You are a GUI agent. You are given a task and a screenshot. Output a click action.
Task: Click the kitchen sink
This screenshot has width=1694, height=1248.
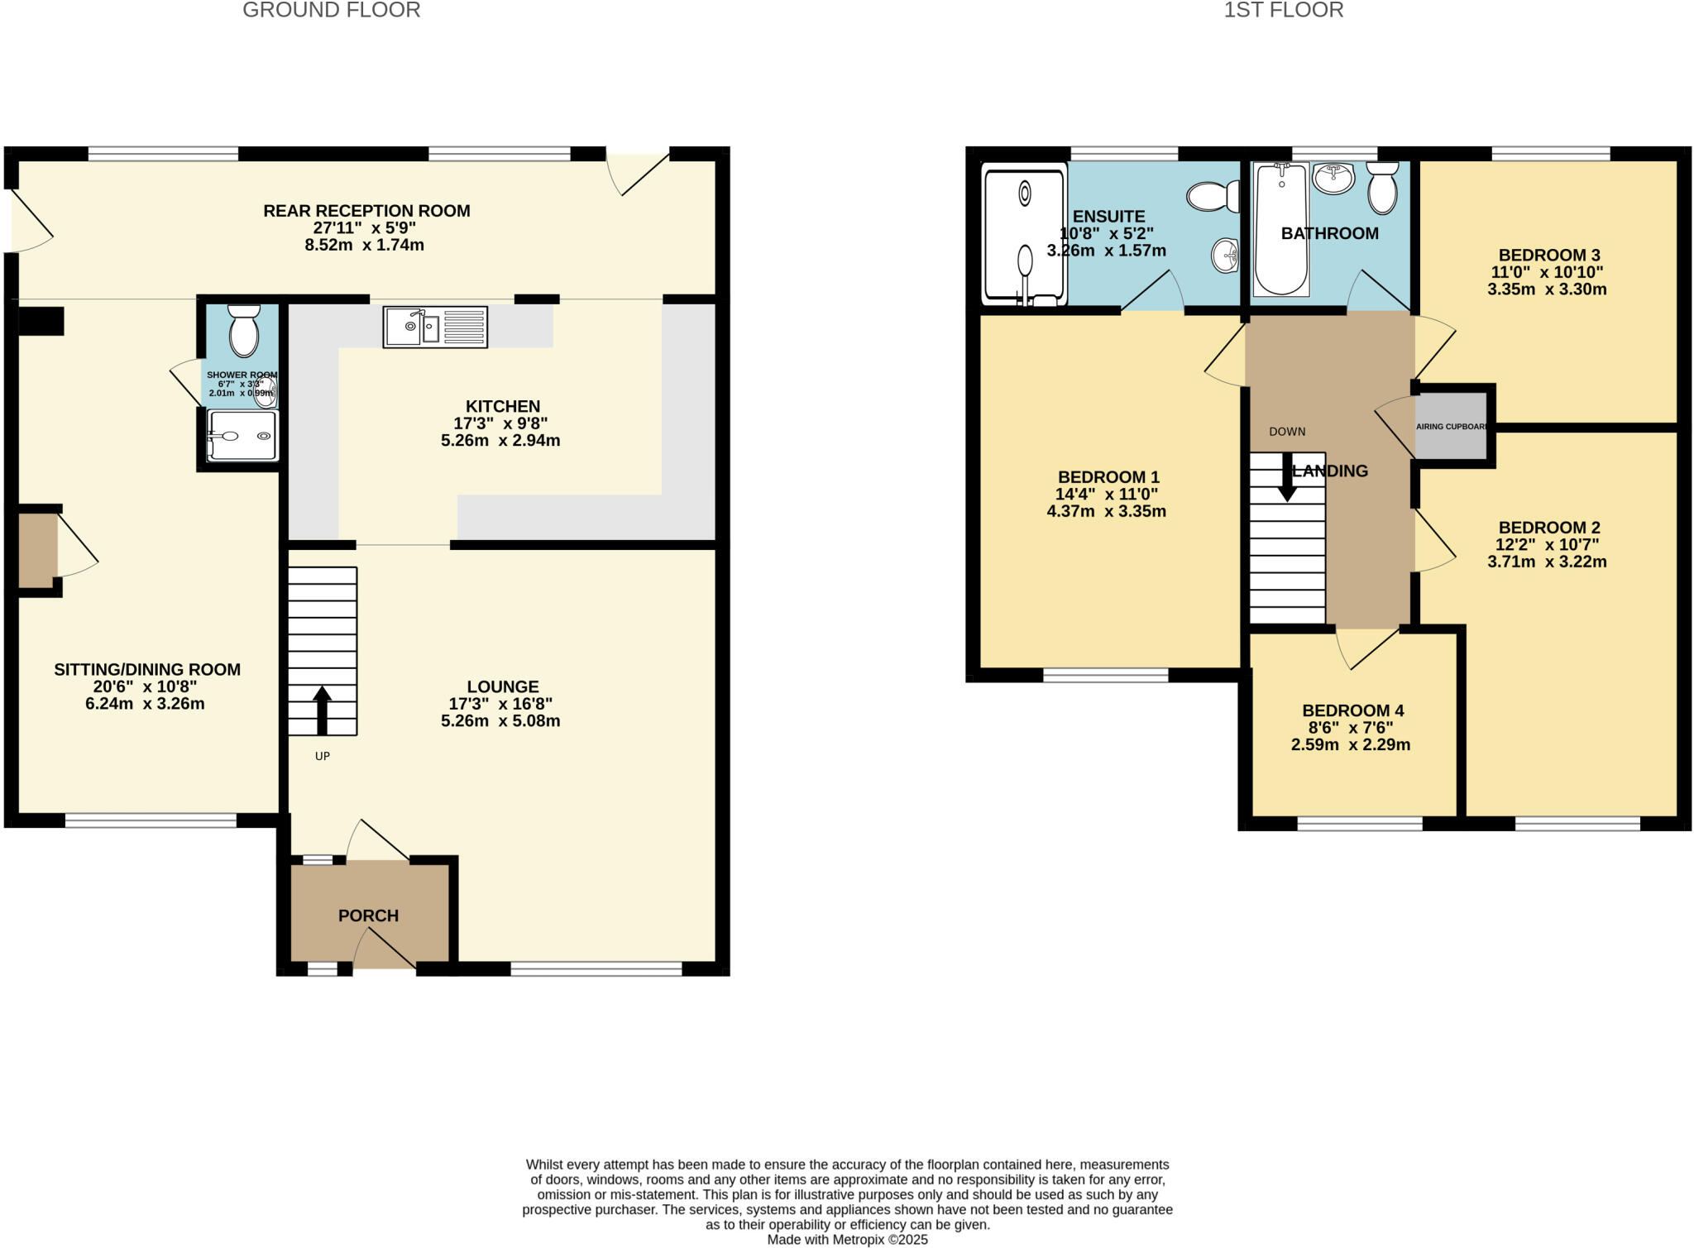coord(435,327)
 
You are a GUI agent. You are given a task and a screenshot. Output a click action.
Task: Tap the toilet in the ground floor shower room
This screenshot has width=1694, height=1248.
coord(243,332)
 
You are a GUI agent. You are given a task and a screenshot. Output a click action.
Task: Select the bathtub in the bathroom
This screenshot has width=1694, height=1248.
coord(1280,229)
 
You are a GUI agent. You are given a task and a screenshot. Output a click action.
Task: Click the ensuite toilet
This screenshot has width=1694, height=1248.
coord(1213,197)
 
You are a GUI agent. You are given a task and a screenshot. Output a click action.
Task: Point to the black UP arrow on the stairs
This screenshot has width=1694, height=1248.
coord(322,710)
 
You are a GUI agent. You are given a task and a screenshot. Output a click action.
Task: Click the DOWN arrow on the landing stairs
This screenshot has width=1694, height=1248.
coord(1287,478)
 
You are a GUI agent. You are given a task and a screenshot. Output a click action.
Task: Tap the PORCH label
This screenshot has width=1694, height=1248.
coord(368,916)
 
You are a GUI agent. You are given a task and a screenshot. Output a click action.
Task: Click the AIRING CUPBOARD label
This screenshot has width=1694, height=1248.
coord(1452,427)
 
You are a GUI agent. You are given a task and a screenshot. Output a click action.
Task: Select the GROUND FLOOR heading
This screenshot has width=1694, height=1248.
coord(331,11)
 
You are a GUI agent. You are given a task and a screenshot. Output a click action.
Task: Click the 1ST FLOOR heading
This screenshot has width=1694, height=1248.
coord(1283,11)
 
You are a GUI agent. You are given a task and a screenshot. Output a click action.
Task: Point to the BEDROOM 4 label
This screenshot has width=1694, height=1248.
coord(1352,710)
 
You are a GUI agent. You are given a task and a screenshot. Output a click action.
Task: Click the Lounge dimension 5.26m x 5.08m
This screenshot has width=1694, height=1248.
coord(500,721)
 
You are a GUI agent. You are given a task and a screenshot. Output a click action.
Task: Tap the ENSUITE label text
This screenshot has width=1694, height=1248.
coord(1108,217)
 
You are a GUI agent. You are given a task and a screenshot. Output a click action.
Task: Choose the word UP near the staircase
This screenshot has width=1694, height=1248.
coord(323,756)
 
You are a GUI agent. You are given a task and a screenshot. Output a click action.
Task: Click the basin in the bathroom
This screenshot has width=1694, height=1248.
coord(1333,178)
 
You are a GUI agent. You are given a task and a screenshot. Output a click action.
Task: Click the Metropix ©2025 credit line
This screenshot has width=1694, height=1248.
coord(847,1240)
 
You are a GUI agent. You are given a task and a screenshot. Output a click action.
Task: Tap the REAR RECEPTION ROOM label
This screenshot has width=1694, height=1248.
coord(366,211)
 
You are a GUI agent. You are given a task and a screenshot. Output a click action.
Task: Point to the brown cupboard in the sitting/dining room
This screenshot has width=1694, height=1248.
coord(37,550)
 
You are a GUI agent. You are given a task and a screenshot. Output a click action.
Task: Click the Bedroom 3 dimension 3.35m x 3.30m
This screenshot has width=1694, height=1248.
coord(1547,289)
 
